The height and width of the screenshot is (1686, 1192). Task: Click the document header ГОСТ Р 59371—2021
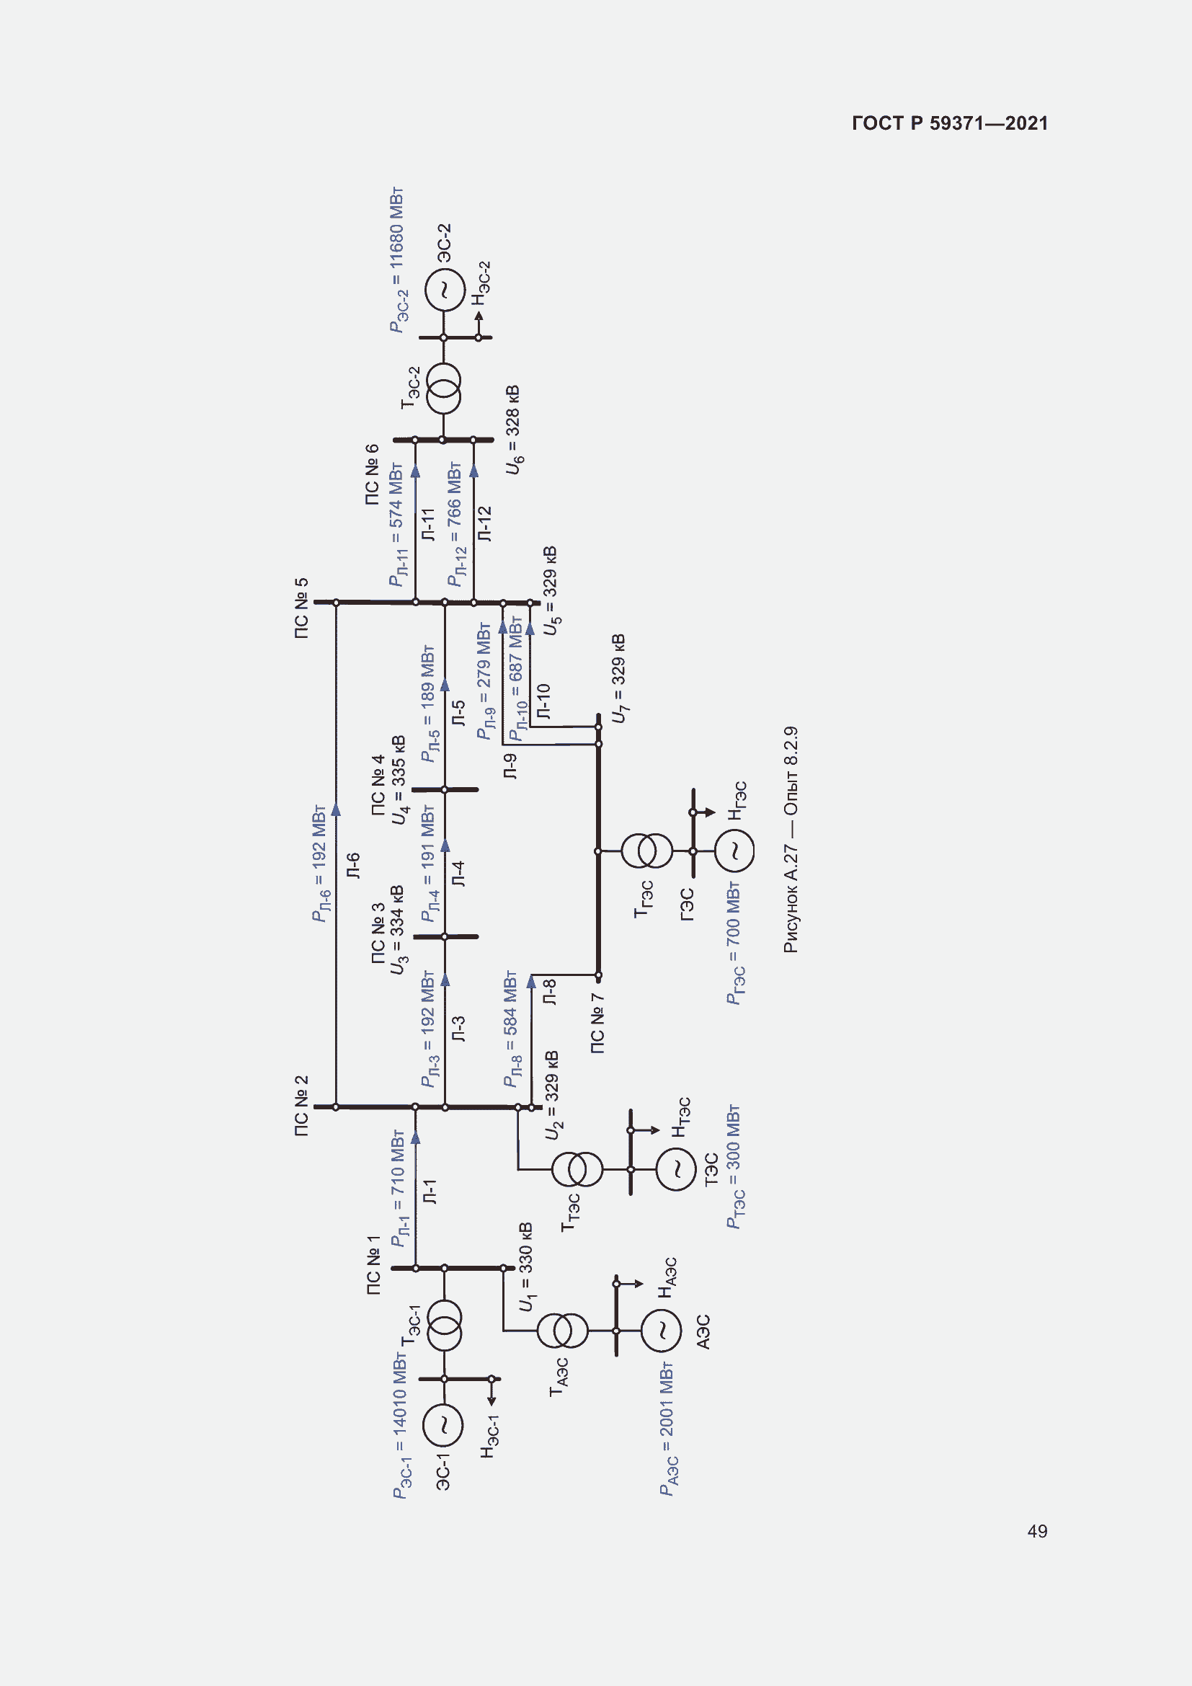tap(950, 123)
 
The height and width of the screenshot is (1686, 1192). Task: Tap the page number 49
tap(1037, 1531)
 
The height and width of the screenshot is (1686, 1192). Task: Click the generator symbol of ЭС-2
tap(444, 289)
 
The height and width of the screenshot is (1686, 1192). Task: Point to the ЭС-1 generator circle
tap(443, 1424)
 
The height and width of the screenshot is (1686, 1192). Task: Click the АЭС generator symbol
tap(662, 1331)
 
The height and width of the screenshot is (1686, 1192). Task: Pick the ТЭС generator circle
tap(675, 1169)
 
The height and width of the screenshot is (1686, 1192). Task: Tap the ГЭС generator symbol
tap(734, 851)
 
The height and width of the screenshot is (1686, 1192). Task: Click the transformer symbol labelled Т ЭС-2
tap(443, 389)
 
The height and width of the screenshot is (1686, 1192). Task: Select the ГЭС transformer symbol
tap(646, 851)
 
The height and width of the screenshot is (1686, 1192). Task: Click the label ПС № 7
tap(597, 1024)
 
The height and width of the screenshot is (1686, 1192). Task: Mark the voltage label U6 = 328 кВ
tap(514, 430)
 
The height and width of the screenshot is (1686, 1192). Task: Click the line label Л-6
tap(353, 865)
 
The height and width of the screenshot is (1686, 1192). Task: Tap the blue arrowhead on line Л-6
tap(336, 809)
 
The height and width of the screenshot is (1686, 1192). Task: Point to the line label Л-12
tap(484, 523)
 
